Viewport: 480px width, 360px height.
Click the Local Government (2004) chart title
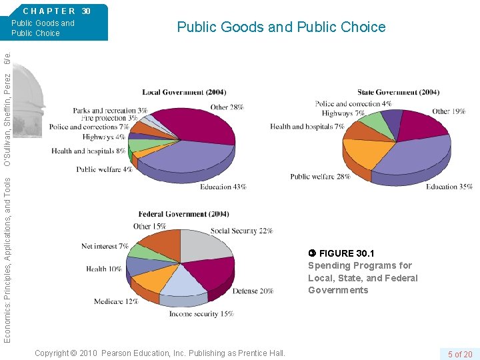coord(183,92)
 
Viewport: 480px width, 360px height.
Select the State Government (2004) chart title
coord(398,92)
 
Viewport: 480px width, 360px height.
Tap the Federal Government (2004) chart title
coord(183,214)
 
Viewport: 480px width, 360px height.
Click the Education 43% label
coord(223,187)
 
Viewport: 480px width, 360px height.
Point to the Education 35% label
coord(449,187)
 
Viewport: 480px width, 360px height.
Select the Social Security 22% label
coord(241,231)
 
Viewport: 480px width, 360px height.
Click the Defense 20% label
coord(253,291)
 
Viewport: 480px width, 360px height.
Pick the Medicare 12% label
coord(116,301)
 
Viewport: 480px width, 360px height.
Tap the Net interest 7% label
coord(105,246)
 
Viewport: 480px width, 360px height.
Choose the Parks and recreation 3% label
coord(110,110)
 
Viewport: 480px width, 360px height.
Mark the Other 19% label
coord(448,111)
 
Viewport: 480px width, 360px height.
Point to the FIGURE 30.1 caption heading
coord(346,253)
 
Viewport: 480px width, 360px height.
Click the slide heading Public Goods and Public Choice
coord(281,27)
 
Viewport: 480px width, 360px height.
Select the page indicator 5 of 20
coord(459,353)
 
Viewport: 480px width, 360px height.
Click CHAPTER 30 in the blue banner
coord(56,11)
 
